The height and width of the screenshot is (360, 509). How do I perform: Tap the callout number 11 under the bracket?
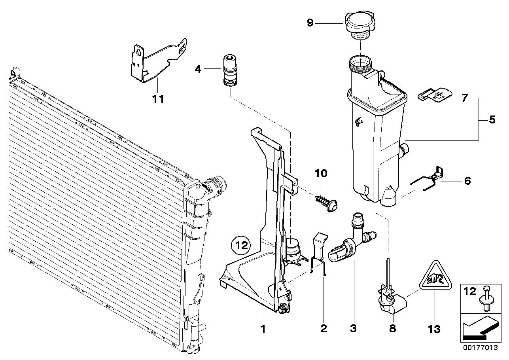(158, 99)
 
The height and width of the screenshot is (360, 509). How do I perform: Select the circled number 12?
(241, 245)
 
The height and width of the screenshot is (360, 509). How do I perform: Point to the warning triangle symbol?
(435, 276)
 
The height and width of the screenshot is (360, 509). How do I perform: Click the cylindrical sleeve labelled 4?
(230, 70)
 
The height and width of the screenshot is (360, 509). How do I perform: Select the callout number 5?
(492, 119)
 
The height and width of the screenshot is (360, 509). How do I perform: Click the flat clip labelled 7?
(435, 96)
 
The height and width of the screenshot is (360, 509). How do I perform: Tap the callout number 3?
(353, 328)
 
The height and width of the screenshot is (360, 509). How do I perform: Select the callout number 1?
(263, 328)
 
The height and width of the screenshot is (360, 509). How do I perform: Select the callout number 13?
(434, 329)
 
